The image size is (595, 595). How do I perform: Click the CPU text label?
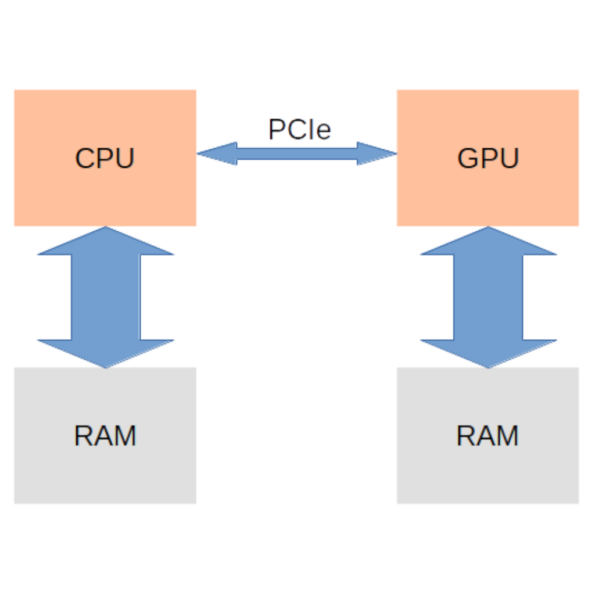(x=105, y=158)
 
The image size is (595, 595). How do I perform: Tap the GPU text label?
(x=488, y=158)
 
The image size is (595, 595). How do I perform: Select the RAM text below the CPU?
(x=105, y=436)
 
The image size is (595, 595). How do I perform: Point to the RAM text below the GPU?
(x=488, y=436)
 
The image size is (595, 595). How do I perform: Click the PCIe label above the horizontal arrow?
(x=299, y=129)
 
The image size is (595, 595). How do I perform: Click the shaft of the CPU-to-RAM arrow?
(x=105, y=296)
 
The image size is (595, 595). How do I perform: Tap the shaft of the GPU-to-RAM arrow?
(x=488, y=296)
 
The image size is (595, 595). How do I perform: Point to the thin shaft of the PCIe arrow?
(x=296, y=153)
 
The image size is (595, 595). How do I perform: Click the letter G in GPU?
(x=468, y=158)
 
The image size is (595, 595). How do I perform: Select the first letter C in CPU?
(x=85, y=158)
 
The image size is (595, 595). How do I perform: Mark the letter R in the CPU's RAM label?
(x=84, y=436)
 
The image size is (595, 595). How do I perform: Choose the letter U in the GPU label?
(x=508, y=158)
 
